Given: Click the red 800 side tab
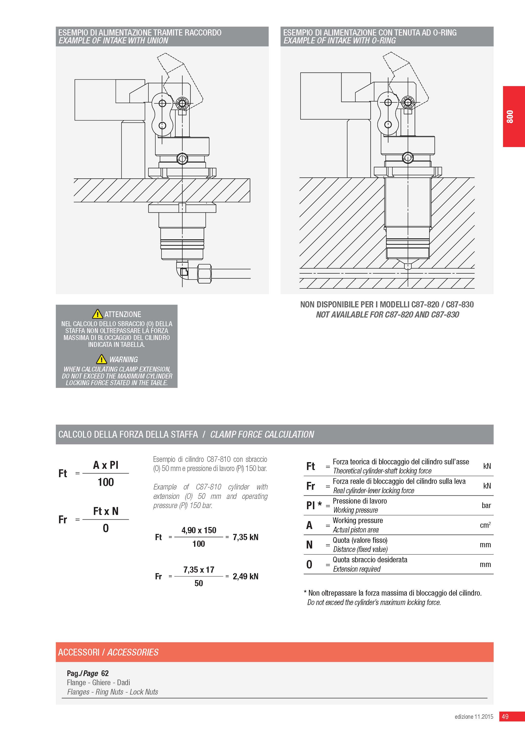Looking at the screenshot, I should click(513, 116).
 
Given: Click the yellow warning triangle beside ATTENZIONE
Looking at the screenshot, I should click(97, 314).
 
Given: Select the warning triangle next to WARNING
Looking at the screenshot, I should click(101, 359).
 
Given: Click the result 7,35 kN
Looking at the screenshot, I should click(245, 537).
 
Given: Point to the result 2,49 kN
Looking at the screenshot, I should click(245, 576).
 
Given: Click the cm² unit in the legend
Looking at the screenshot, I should click(485, 525).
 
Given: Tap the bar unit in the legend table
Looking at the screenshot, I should click(486, 505).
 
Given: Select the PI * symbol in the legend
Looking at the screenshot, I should click(314, 505).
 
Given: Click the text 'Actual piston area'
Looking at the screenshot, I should click(356, 530).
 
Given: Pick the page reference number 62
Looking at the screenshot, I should click(105, 673).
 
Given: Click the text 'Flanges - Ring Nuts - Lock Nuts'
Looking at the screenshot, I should click(113, 692).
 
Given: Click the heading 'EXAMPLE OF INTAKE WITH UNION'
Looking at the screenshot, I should click(113, 41).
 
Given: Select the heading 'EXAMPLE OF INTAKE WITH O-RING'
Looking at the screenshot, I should click(340, 41).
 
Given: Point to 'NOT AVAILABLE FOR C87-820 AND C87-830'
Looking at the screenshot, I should click(387, 315).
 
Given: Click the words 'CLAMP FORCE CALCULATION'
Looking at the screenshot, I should click(262, 434).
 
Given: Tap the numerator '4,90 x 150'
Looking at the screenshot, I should click(199, 530).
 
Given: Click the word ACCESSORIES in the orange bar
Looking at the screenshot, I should click(133, 652).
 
